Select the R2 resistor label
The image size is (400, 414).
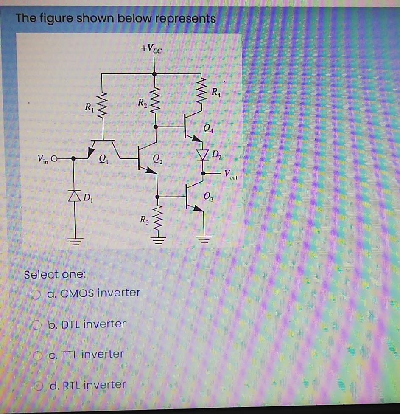click(142, 102)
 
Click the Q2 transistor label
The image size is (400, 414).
click(157, 160)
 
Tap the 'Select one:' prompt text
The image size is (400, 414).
click(55, 274)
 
